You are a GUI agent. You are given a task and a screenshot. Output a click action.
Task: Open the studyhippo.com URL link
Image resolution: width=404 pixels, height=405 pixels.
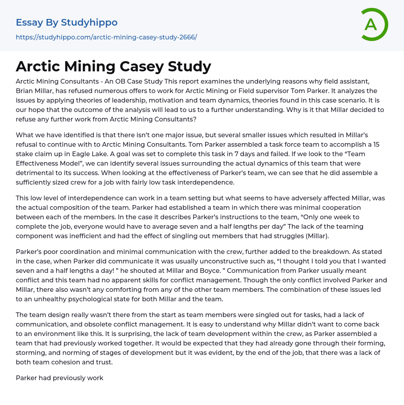[106, 37]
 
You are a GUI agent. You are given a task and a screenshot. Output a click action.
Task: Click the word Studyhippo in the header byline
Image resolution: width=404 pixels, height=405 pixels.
[89, 22]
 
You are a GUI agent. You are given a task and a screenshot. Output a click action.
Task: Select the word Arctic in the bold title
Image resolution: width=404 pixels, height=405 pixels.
[37, 66]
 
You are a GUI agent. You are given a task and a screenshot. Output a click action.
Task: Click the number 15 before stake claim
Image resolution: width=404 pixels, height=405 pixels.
[376, 144]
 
